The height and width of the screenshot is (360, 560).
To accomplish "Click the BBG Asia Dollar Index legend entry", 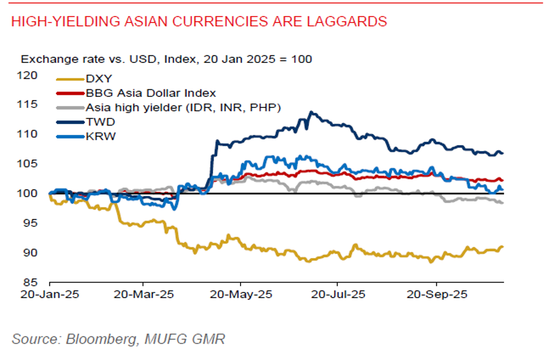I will (151, 93).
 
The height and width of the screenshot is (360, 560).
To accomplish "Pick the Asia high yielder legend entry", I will (183, 108).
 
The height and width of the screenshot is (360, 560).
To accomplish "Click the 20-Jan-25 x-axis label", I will (49, 294).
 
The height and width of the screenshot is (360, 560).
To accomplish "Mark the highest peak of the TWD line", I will (311, 112).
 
